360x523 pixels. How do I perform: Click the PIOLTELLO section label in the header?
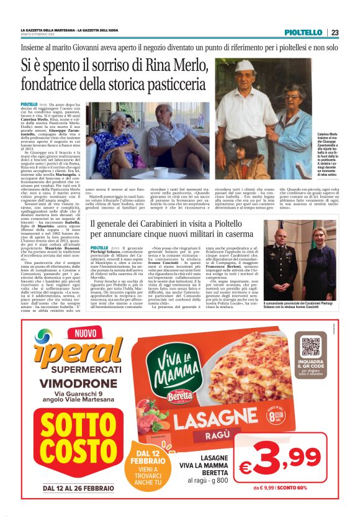tap(304, 32)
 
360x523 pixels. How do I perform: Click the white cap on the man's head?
tap(246, 66)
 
